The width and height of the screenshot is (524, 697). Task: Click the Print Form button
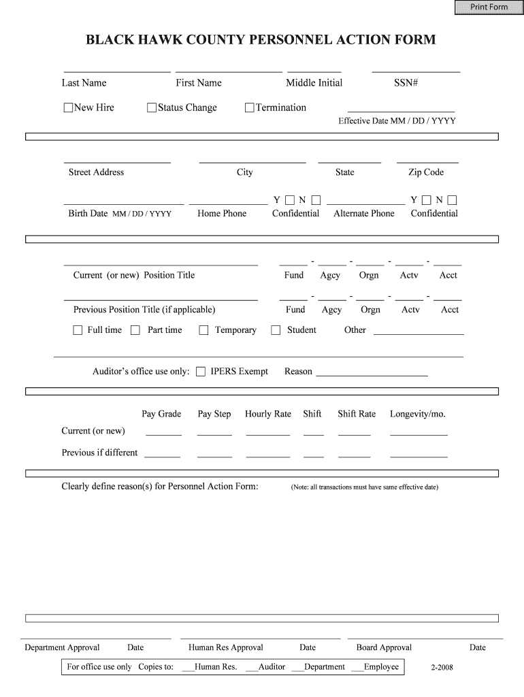489,7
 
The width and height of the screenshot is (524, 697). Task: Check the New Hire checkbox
68,108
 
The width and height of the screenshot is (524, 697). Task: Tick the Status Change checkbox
152,108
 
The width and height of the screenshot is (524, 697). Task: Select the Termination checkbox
250,108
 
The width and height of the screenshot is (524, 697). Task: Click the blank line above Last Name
116,68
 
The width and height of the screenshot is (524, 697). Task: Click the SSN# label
406,83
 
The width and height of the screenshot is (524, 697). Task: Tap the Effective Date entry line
401,109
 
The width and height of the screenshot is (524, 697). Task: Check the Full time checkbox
78,330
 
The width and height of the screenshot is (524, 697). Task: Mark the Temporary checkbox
203,330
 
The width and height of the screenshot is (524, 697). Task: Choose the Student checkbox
276,330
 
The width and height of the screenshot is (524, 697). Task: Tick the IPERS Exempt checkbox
201,372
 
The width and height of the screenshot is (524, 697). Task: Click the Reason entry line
372,373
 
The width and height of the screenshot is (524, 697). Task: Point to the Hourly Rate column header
267,414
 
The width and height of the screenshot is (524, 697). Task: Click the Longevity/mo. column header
417,414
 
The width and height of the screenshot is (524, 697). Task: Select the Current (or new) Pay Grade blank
163,432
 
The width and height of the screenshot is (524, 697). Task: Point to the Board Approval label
384,647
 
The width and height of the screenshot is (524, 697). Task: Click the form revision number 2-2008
442,667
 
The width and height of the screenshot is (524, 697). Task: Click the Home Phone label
222,214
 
